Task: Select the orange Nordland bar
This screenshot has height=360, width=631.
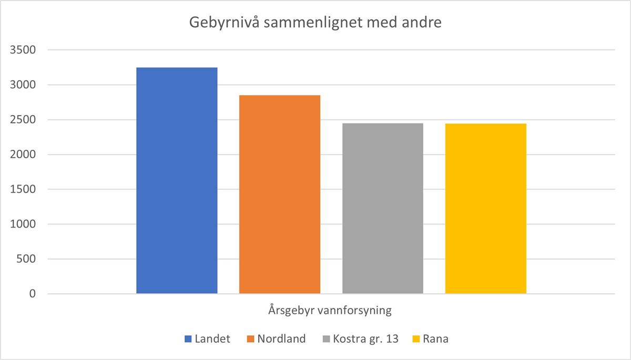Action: (280, 194)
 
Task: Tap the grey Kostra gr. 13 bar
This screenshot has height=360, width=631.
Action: (383, 208)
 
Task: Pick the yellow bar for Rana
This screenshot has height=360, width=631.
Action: (486, 208)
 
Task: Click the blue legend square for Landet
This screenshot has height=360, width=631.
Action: (188, 339)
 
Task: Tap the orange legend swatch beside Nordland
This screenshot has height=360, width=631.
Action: (251, 339)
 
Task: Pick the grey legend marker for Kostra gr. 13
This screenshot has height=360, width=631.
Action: (325, 339)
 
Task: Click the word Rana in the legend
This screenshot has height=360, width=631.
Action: (435, 339)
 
